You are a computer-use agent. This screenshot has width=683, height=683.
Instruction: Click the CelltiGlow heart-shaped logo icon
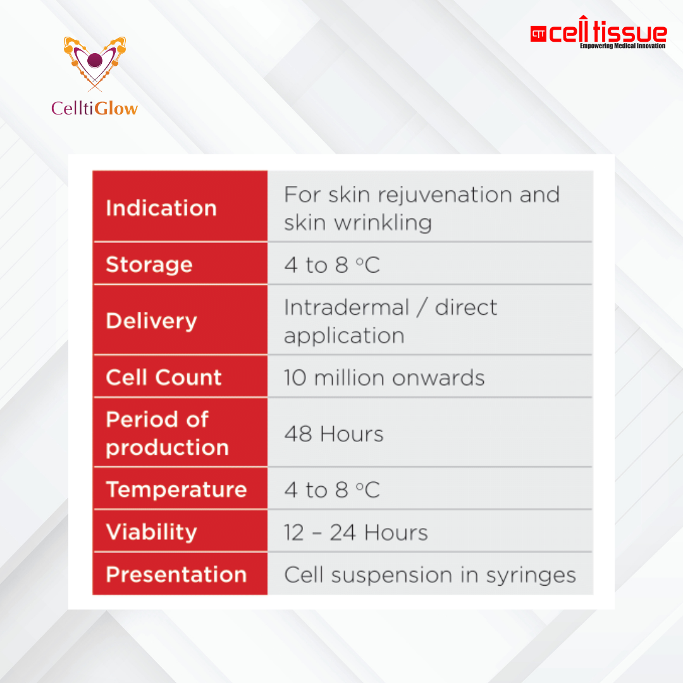[x=95, y=63]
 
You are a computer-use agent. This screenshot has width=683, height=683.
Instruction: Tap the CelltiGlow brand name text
[x=95, y=108]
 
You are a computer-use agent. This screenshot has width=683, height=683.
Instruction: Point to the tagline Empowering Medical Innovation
[x=623, y=46]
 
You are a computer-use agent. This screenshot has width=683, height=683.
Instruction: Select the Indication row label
[x=161, y=208]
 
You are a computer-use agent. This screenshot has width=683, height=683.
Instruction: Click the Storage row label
[x=149, y=264]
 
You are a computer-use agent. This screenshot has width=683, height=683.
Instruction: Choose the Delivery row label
[x=152, y=321]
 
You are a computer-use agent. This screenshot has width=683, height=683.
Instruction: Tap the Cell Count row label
[x=164, y=377]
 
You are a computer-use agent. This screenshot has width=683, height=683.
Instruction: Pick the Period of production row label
[x=167, y=433]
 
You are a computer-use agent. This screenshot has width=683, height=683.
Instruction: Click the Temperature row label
[x=176, y=489]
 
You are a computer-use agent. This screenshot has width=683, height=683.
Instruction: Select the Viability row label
[x=152, y=532]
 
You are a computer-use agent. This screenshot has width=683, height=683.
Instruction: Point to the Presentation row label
[x=176, y=574]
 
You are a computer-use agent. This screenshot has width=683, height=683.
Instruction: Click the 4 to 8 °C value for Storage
[x=332, y=265]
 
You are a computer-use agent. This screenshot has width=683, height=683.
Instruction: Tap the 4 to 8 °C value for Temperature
[x=332, y=490]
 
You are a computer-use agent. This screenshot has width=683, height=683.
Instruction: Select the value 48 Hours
[x=334, y=434]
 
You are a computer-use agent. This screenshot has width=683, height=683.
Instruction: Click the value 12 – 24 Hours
[x=356, y=532]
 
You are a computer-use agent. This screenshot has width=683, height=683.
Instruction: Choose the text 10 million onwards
[x=385, y=378]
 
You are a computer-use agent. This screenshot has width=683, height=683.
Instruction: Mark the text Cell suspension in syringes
[x=430, y=575]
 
